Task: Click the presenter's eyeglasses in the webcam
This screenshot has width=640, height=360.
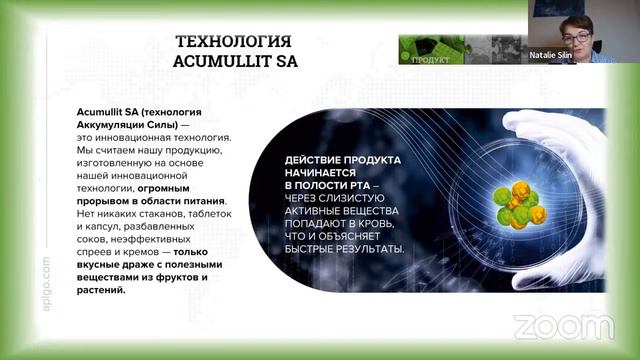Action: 586,21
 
